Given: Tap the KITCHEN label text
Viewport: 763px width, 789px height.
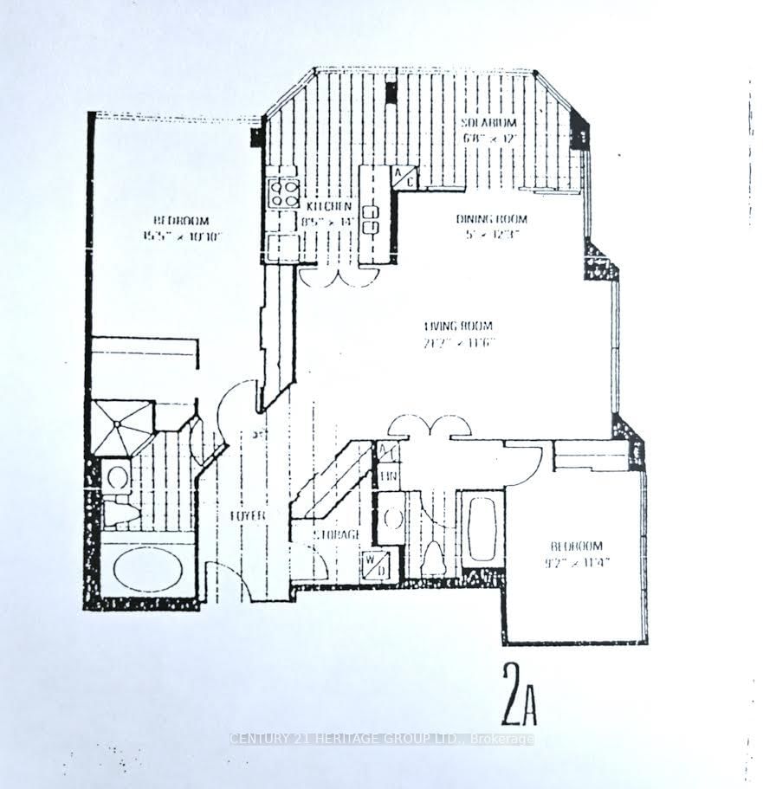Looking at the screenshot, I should (328, 206).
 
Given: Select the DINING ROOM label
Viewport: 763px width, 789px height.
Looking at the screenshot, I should (491, 219).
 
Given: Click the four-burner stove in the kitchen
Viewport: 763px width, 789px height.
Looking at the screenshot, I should (282, 191).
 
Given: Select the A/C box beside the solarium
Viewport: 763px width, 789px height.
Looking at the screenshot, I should (404, 178).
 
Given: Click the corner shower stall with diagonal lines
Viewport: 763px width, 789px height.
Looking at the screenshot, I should (121, 427).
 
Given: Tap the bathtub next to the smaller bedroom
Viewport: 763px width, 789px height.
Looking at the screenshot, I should (482, 527).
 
